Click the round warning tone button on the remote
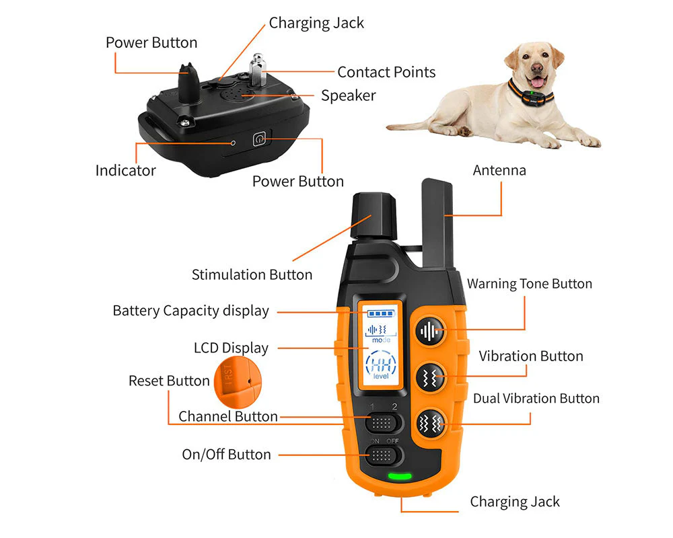tap(429, 332)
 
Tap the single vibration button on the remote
tap(429, 377)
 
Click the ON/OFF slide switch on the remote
tap(382, 456)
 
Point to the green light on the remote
tap(400, 475)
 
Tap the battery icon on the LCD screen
tap(381, 313)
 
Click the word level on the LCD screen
tap(381, 376)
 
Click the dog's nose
tap(536, 67)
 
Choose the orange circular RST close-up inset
tap(238, 382)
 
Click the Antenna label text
tap(499, 170)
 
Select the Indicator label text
tap(125, 170)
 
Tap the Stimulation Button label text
tap(252, 274)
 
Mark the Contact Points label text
tap(386, 72)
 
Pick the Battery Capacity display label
tap(191, 311)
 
